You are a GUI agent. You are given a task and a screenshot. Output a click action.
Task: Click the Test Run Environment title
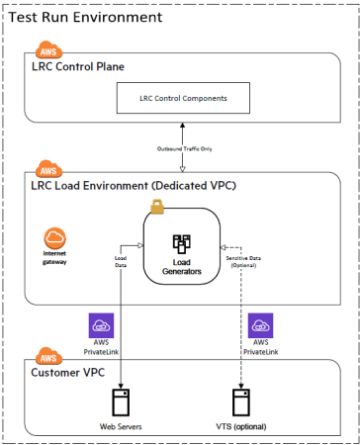tap(85, 18)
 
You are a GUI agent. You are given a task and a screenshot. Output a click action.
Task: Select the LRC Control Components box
tap(182, 98)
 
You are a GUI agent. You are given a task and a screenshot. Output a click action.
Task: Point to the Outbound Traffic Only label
tap(184, 148)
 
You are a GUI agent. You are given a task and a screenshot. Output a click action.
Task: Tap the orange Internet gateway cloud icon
tap(56, 240)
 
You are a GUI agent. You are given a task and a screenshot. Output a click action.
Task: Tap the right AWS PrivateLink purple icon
tap(259, 325)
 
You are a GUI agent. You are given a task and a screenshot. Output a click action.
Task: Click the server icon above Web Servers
tap(121, 402)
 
